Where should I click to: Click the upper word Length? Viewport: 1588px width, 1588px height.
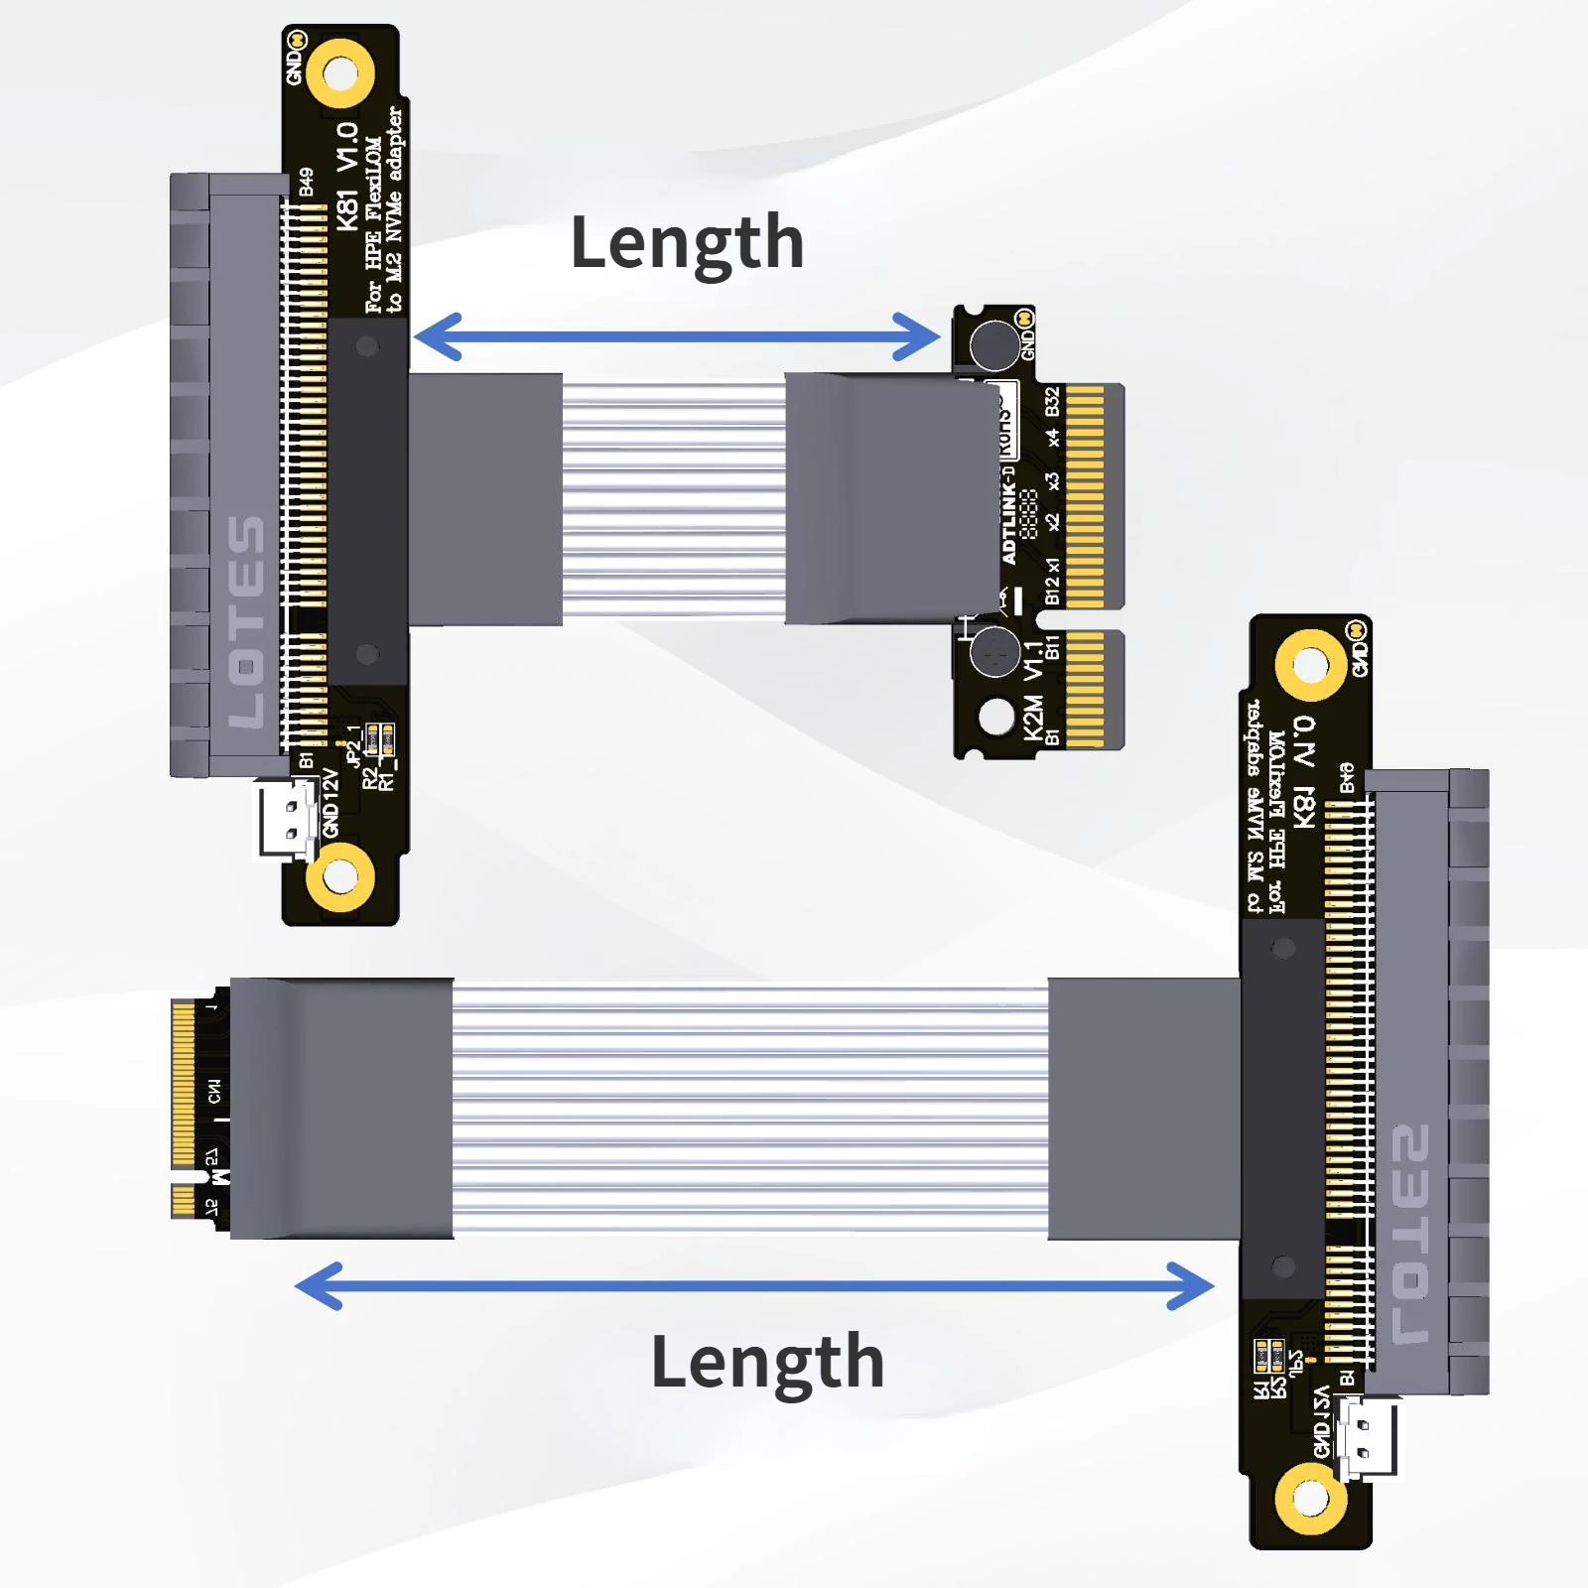(x=687, y=244)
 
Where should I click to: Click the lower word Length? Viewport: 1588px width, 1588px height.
(x=767, y=1363)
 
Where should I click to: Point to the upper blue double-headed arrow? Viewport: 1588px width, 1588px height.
(x=676, y=336)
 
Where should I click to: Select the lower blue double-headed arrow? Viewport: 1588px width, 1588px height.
(x=754, y=1286)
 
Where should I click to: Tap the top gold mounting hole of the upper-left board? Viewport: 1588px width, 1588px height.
(x=339, y=73)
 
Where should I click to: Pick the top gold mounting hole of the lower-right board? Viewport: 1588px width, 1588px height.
(x=1310, y=664)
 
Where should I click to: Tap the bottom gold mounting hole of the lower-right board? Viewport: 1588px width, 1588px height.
(x=1310, y=1498)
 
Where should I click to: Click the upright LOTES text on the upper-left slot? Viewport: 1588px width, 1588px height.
(x=245, y=620)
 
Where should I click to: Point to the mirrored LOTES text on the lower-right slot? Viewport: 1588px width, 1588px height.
(x=1410, y=1234)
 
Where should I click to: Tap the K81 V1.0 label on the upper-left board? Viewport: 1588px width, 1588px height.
(x=346, y=177)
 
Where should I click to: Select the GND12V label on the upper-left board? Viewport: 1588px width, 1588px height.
(x=331, y=803)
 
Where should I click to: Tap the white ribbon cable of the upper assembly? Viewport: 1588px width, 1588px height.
(x=673, y=499)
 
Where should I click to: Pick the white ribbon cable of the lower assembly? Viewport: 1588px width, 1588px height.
(x=750, y=1109)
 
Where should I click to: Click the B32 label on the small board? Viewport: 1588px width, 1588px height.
(x=1052, y=402)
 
